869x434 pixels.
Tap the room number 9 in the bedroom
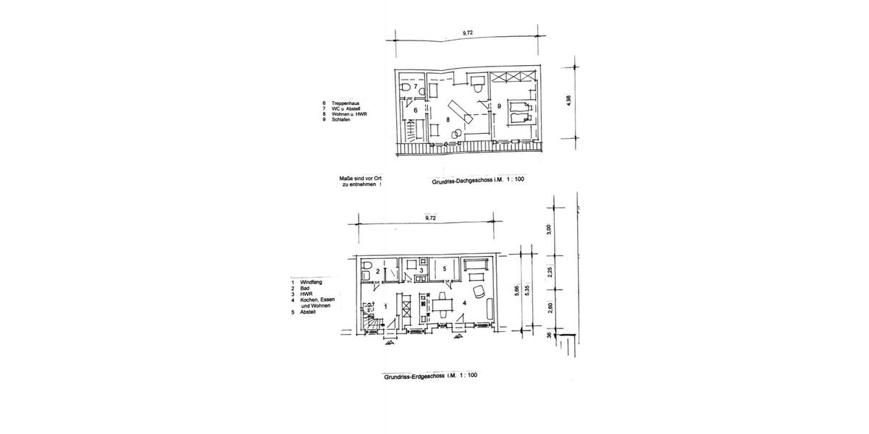coord(500,106)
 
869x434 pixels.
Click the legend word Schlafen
coord(341,119)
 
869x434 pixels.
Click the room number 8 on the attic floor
coord(450,119)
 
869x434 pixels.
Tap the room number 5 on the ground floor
coord(445,269)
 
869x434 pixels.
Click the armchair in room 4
coord(478,291)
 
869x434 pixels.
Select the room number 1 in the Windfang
coord(386,307)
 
